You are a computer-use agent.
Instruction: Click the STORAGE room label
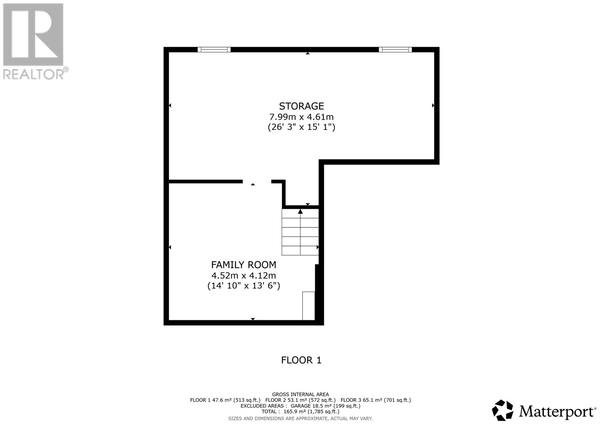tap(301, 106)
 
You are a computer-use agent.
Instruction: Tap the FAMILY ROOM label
tap(243, 265)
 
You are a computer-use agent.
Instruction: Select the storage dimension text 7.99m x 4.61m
tap(301, 117)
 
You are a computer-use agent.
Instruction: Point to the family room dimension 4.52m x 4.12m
tap(243, 275)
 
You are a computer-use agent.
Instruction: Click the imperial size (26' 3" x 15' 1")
tap(301, 127)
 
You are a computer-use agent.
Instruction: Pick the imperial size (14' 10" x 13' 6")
tap(243, 285)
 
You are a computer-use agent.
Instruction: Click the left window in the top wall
tap(214, 49)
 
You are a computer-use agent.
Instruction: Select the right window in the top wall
tap(395, 49)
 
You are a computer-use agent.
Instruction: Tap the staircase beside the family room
tap(300, 232)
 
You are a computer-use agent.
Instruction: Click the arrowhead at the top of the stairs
tap(300, 211)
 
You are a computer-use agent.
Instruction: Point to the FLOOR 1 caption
tap(301, 360)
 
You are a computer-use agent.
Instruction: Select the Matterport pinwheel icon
tap(503, 410)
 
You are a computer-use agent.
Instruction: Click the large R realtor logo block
tap(33, 34)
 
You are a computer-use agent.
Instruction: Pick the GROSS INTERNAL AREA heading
tap(300, 395)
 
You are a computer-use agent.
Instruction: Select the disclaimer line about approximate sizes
tap(300, 418)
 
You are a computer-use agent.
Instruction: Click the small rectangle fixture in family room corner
tap(309, 305)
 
